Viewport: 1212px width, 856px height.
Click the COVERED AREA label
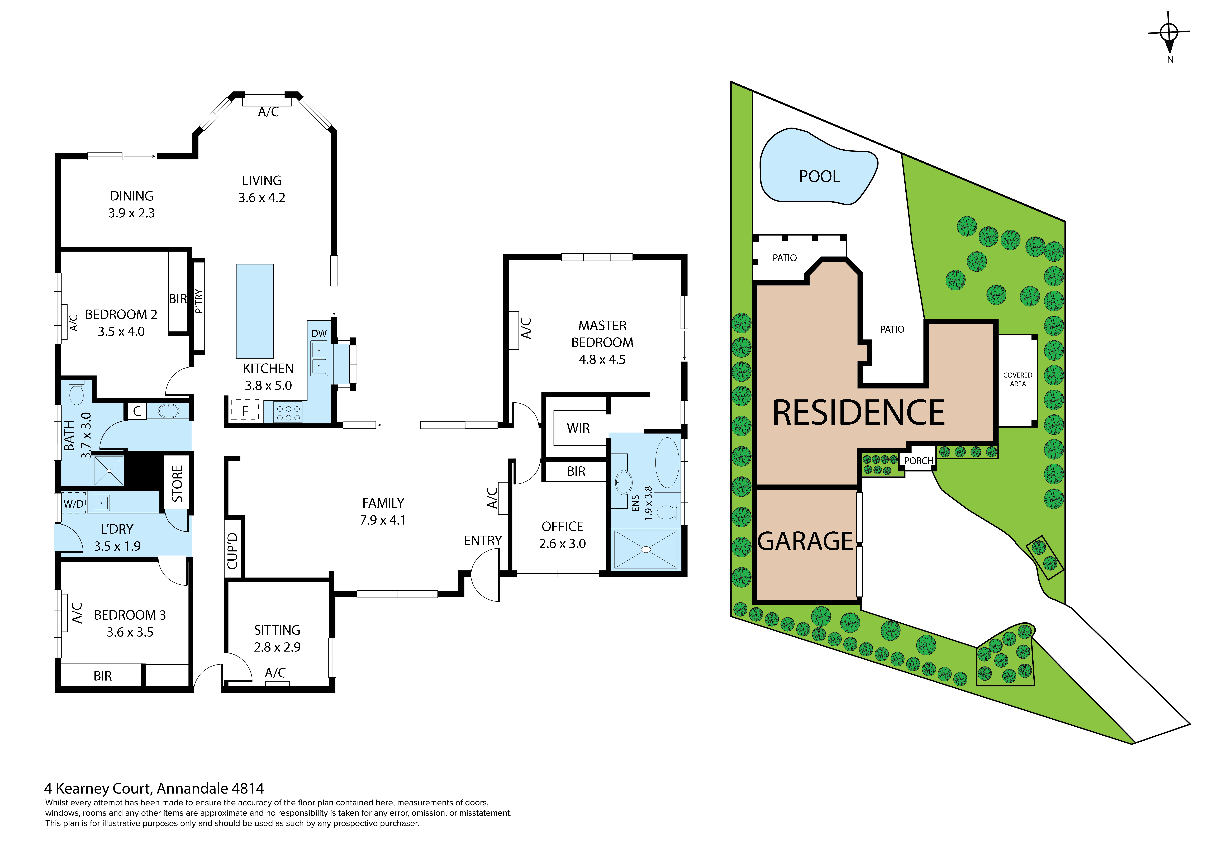point(1017,379)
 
